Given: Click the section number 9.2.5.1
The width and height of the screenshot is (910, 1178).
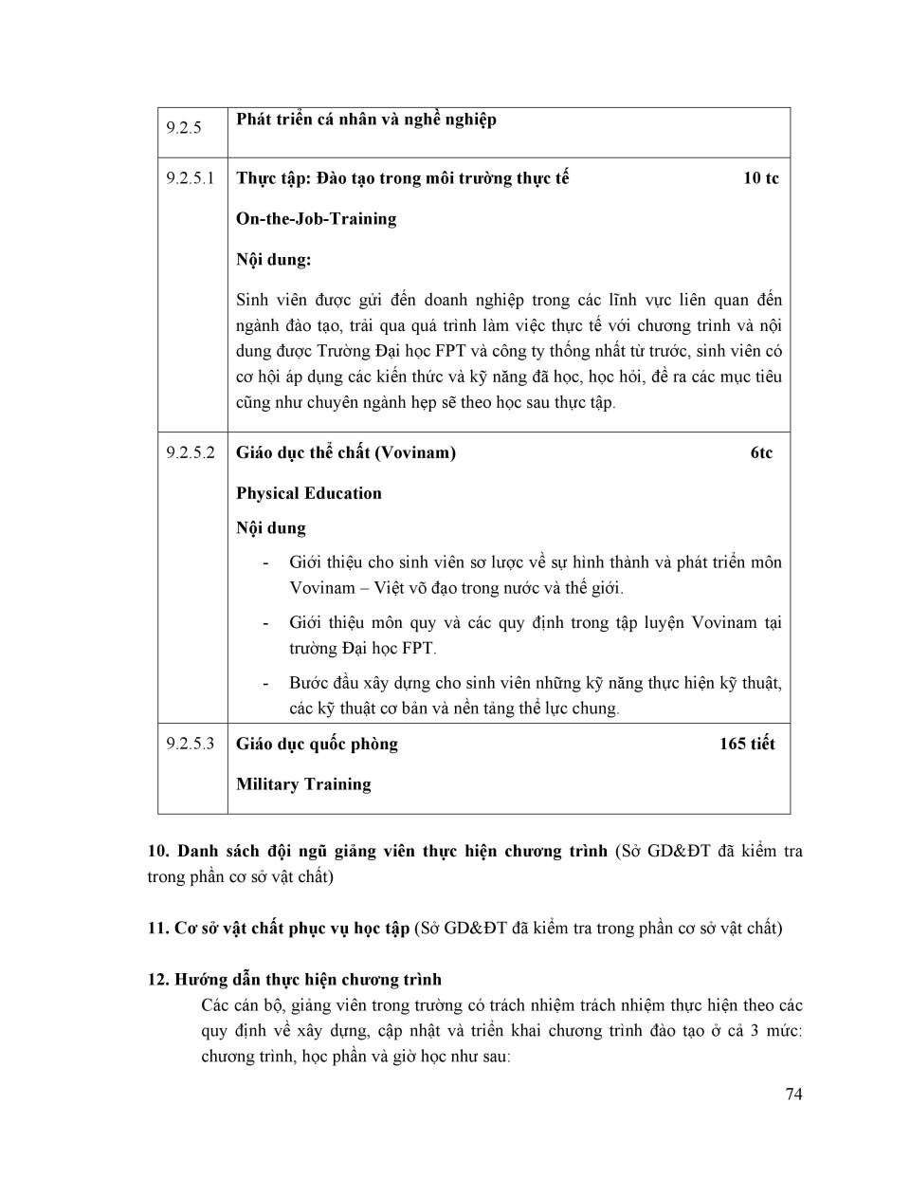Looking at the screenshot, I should point(191,178).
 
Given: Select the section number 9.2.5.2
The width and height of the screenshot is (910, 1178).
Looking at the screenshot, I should point(191,452).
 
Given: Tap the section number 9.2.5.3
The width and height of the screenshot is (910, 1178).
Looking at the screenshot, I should point(191,744).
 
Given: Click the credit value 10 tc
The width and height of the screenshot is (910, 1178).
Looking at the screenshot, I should point(760,178).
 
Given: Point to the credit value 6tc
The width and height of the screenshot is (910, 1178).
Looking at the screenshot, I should point(761,452).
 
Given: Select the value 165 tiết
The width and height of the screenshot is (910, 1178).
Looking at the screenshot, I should point(747,744).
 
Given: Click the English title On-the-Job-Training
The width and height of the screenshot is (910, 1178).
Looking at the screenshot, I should point(316,219).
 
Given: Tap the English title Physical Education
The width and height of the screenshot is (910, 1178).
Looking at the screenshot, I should point(309,493).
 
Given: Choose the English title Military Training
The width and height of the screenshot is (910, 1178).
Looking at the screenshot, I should point(303,784).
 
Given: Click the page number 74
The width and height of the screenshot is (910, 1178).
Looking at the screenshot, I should point(793,1095).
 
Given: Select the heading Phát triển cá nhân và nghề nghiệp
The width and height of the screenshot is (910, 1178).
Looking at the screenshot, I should point(366,120).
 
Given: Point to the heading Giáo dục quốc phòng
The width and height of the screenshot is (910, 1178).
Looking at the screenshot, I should point(317,744).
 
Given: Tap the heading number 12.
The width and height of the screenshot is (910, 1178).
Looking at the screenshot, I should point(158,980).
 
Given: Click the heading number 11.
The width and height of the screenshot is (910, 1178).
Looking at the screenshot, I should point(157,928).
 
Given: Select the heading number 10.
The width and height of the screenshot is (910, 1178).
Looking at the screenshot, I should point(158,851).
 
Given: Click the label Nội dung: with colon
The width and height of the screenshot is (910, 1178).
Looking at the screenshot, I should point(273,260).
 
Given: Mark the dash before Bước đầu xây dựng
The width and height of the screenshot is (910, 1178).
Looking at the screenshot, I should point(266,683).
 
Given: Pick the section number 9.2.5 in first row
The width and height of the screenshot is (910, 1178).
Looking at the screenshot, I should point(184,128).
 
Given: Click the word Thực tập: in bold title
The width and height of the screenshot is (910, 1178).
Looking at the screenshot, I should point(268,178).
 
